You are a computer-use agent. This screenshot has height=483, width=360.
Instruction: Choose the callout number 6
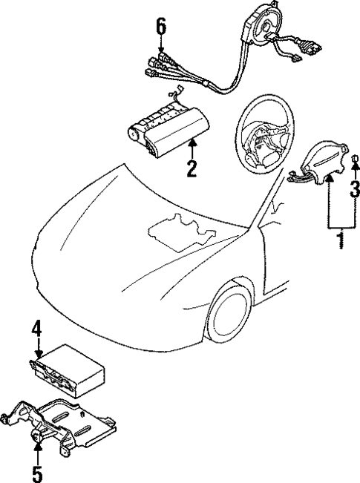point(160,27)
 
